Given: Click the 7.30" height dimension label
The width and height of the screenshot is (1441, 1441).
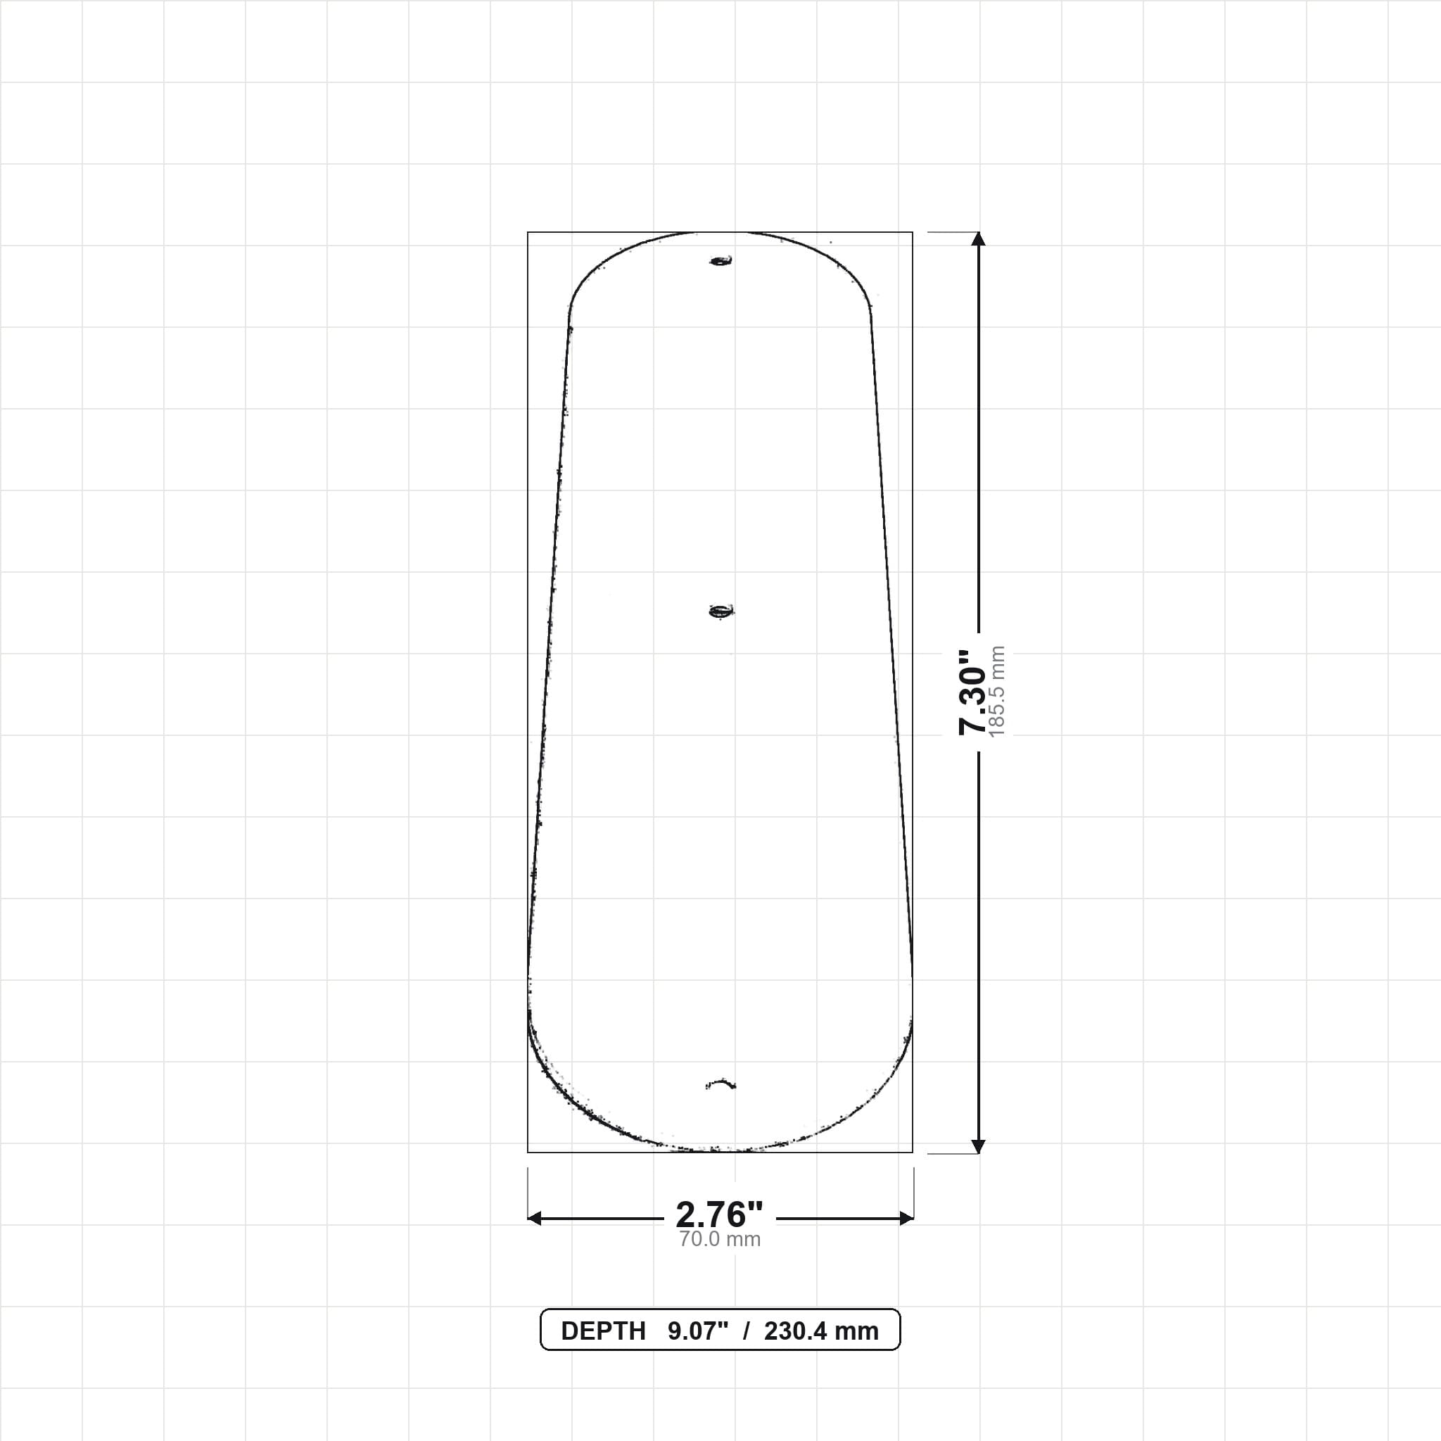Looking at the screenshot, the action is [972, 692].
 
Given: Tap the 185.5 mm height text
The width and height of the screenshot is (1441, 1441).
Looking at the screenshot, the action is [997, 692].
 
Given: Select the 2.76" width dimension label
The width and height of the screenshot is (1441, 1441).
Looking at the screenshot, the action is [720, 1215].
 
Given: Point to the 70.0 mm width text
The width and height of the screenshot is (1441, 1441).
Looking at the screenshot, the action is [720, 1239].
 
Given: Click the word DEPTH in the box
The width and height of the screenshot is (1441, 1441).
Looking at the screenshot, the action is [604, 1331].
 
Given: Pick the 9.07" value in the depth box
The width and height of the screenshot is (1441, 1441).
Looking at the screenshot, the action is [697, 1331].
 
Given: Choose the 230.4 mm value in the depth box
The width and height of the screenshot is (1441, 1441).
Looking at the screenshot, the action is [821, 1331].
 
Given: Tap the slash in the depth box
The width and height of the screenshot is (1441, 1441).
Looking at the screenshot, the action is [746, 1331].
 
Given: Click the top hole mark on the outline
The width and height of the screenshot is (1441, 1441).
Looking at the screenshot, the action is [720, 261].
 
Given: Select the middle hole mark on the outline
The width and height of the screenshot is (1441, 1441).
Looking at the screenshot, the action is [720, 611].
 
